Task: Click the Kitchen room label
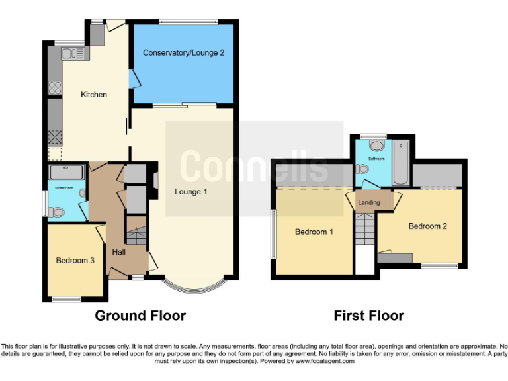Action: click(94, 95)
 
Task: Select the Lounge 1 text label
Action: click(191, 192)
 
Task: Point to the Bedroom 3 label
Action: click(75, 261)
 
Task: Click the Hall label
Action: click(119, 252)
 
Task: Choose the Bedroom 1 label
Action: click(314, 232)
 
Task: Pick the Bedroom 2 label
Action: click(427, 226)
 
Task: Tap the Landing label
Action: click(368, 202)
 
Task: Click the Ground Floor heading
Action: click(140, 316)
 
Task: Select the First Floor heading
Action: click(368, 316)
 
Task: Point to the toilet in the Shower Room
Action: click(57, 212)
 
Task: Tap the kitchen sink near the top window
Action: click(68, 50)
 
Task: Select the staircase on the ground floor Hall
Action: click(137, 234)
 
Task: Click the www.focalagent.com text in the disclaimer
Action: click(325, 361)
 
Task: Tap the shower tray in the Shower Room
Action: click(67, 172)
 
